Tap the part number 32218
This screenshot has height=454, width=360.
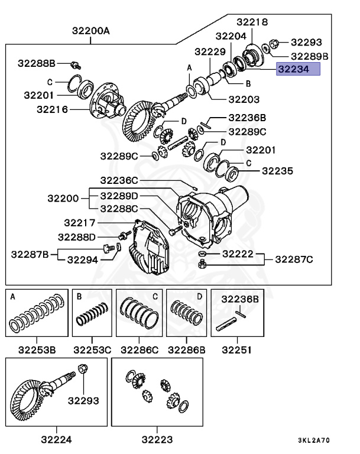(x=252, y=22)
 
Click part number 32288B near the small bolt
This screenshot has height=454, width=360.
(x=35, y=62)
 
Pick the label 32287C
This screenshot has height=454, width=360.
(x=294, y=259)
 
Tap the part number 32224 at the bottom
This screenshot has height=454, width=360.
(x=57, y=439)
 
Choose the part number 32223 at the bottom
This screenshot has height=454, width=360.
(x=157, y=439)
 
